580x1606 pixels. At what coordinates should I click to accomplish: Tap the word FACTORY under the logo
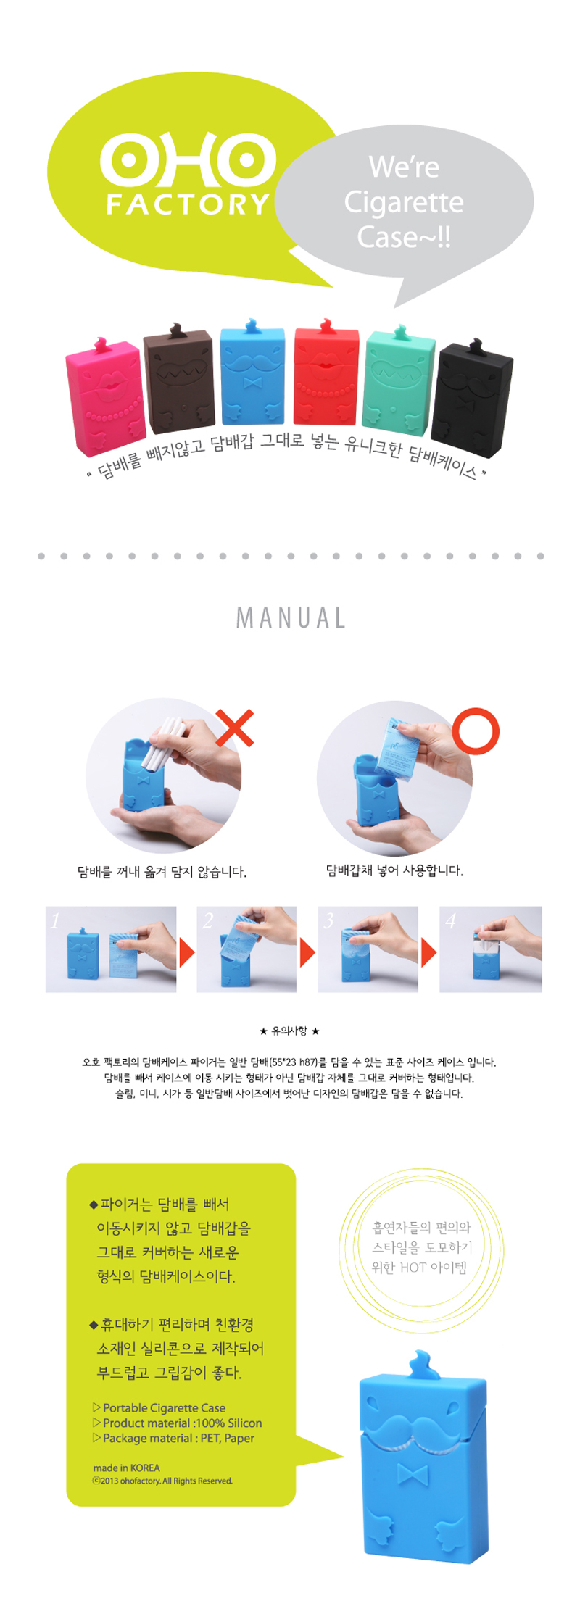point(188,204)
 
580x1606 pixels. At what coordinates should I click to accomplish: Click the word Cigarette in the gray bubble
point(404,202)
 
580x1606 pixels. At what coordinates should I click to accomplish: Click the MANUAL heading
point(291,617)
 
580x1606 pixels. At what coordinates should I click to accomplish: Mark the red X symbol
point(235,728)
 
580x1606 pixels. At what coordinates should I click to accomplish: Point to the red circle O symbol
point(476,731)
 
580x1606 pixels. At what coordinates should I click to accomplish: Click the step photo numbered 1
point(111,949)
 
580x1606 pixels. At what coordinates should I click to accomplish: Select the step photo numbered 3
point(368,949)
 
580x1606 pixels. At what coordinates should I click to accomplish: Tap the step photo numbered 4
point(490,949)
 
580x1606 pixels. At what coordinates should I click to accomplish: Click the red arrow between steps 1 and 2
point(187,952)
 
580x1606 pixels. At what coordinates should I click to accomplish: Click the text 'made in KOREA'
point(126,1468)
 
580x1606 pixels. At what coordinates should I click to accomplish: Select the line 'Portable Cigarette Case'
point(159,1407)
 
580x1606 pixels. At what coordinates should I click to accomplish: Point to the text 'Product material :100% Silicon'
point(178,1423)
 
